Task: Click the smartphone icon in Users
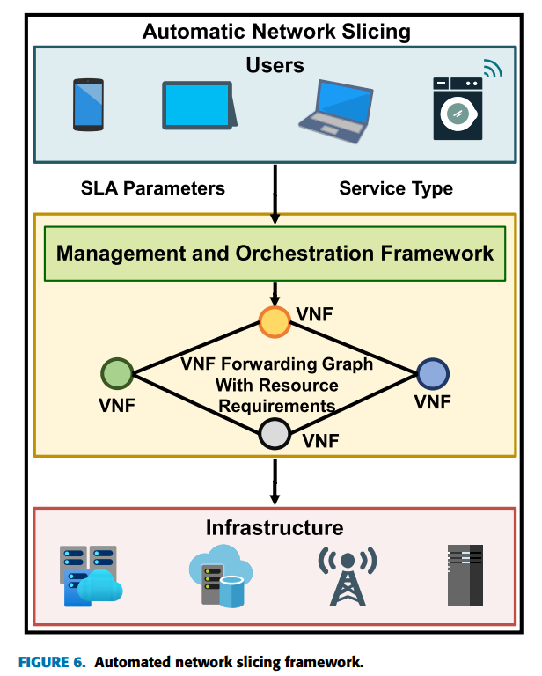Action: point(88,104)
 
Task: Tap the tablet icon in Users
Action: point(198,106)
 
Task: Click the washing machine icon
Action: point(458,108)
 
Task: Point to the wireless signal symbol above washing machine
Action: point(492,68)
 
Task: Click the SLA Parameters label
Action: point(153,188)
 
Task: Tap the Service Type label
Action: point(396,188)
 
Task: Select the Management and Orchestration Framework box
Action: point(275,253)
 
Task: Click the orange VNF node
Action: point(275,322)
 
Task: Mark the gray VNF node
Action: point(275,433)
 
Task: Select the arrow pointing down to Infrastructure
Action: point(275,481)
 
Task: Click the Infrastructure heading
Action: point(275,528)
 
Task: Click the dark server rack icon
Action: point(465,576)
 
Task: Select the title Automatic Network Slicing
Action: point(276,32)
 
